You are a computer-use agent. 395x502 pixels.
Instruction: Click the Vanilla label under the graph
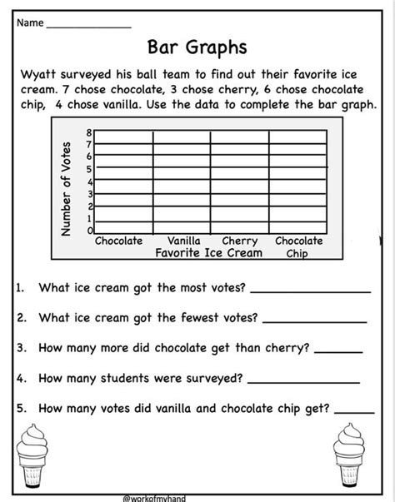(188, 241)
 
